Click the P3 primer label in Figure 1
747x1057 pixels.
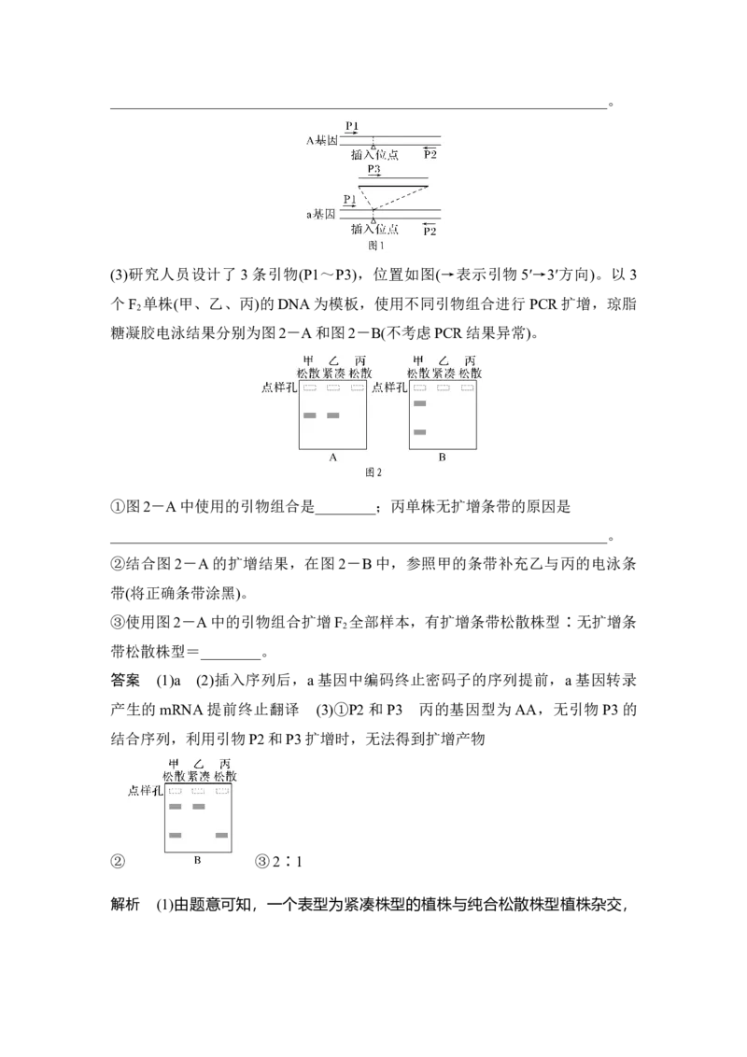click(x=373, y=169)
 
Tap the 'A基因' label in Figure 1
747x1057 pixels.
click(x=321, y=141)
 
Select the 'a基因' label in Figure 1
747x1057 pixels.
click(x=321, y=215)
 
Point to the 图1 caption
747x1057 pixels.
click(x=375, y=247)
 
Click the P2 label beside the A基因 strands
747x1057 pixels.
click(x=430, y=154)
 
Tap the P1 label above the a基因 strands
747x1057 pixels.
click(x=349, y=199)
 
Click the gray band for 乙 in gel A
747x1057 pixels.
click(x=333, y=416)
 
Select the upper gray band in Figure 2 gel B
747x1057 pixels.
click(x=419, y=403)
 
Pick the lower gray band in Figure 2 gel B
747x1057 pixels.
click(x=419, y=432)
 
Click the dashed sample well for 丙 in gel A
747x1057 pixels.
click(x=358, y=388)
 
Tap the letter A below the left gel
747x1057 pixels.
click(x=333, y=458)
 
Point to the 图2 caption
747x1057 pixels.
click(x=373, y=472)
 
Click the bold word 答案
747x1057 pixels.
click(x=125, y=680)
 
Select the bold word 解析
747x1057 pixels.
click(x=125, y=904)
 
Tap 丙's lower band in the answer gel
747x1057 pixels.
click(x=222, y=835)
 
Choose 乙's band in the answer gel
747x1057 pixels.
click(x=198, y=807)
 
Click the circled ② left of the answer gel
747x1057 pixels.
click(x=118, y=862)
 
